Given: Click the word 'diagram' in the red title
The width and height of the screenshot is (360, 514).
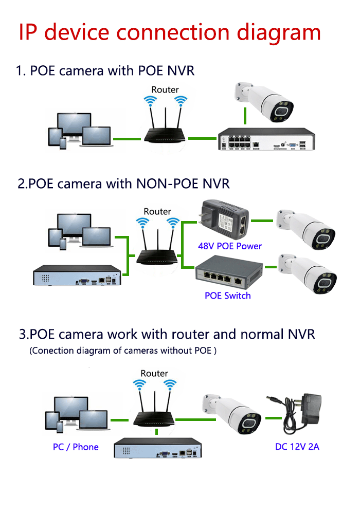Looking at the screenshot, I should point(276,32).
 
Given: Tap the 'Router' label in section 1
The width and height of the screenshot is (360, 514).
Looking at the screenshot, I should point(165,89).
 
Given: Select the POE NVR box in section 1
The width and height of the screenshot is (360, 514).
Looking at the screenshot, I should point(265,139).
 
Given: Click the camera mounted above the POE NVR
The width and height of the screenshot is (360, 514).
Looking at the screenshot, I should point(265,103).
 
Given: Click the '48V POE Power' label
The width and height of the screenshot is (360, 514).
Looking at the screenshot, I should point(230,246).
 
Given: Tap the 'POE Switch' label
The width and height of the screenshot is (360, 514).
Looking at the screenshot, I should point(227,296).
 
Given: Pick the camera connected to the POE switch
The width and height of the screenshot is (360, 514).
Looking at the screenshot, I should point(308,272).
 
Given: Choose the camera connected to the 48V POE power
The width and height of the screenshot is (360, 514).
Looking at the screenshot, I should point(307,228).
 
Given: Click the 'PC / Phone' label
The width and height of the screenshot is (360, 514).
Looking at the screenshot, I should point(76,447).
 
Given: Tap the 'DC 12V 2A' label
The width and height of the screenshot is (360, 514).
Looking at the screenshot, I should point(297,447).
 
